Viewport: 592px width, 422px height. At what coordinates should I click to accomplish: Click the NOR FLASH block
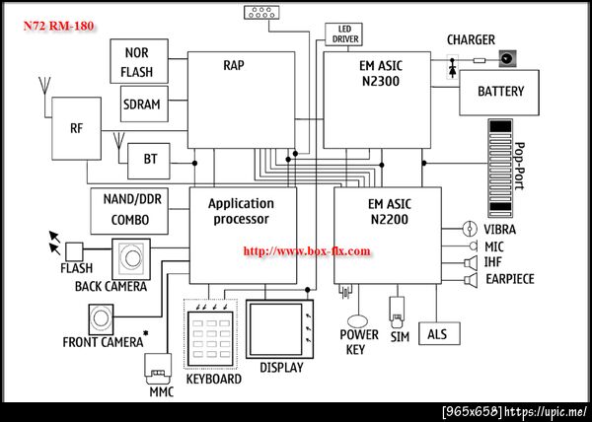coord(139,61)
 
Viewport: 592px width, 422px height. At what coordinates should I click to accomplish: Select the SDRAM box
coord(144,105)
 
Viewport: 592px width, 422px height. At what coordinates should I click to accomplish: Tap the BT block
coord(149,161)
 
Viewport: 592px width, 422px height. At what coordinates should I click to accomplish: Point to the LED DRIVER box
coord(344,35)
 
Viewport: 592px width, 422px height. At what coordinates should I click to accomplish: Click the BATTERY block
coord(499,93)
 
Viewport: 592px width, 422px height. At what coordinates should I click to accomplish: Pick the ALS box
coord(439,333)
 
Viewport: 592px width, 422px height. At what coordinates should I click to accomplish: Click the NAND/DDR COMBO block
coord(129,211)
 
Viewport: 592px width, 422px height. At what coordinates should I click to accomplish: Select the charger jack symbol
coord(507,59)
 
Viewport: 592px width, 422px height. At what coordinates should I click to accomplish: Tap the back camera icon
coord(131,258)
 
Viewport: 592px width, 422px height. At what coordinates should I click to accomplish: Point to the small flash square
coord(74,251)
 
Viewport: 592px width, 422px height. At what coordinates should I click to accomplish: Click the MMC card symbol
coord(158,369)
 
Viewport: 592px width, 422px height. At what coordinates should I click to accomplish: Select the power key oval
coord(357,321)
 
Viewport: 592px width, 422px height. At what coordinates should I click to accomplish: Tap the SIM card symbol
coord(398,312)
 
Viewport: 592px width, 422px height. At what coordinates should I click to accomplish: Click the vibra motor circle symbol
coord(468,229)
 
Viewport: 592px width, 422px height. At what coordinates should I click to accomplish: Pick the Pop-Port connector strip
coord(499,169)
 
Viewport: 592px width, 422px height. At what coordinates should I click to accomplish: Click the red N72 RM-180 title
coord(58,26)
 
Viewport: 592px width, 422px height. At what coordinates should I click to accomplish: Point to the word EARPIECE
coord(510,279)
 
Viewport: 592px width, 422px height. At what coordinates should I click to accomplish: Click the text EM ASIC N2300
coord(381,73)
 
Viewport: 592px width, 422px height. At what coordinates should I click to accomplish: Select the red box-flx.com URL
coord(307,251)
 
